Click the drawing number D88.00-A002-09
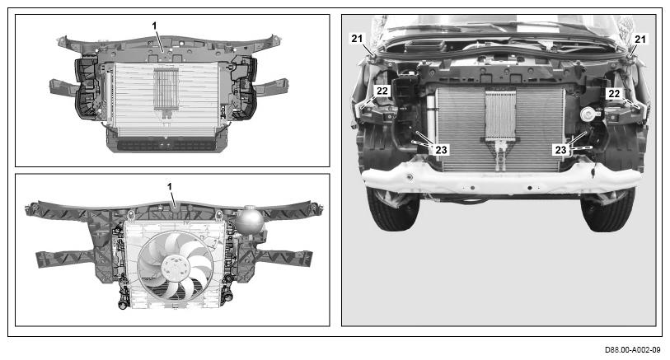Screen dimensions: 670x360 pyautogui.click(x=632, y=350)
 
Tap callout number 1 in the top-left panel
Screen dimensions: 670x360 pyautogui.click(x=155, y=26)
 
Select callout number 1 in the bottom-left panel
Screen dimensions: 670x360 pyautogui.click(x=170, y=187)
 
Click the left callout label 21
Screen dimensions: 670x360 pyautogui.click(x=357, y=39)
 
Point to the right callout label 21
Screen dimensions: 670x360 pyautogui.click(x=640, y=40)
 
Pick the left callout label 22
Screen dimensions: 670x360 pyautogui.click(x=382, y=91)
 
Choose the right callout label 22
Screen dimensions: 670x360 pyautogui.click(x=614, y=94)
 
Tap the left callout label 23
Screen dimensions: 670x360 pyautogui.click(x=442, y=150)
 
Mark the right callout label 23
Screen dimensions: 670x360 pyautogui.click(x=560, y=150)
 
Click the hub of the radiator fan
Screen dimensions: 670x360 pyautogui.click(x=173, y=268)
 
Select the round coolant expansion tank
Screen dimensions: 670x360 pyautogui.click(x=250, y=219)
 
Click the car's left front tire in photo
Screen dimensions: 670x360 pyautogui.click(x=392, y=211)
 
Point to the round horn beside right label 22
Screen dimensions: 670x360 pyautogui.click(x=588, y=115)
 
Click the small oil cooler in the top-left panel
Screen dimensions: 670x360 pyautogui.click(x=166, y=89)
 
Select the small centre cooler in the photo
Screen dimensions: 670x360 pyautogui.click(x=500, y=115)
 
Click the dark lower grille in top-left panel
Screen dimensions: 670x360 pyautogui.click(x=166, y=145)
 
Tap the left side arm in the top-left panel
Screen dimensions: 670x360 pyautogui.click(x=63, y=87)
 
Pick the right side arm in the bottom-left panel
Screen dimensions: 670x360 pyautogui.click(x=285, y=257)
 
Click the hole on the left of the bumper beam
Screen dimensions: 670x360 pyautogui.click(x=410, y=177)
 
